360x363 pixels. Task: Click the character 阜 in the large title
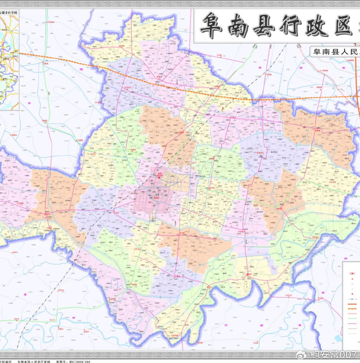tap(211, 25)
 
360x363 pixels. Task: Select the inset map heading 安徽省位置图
tap(10, 11)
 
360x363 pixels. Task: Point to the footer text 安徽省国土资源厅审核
tap(44, 361)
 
